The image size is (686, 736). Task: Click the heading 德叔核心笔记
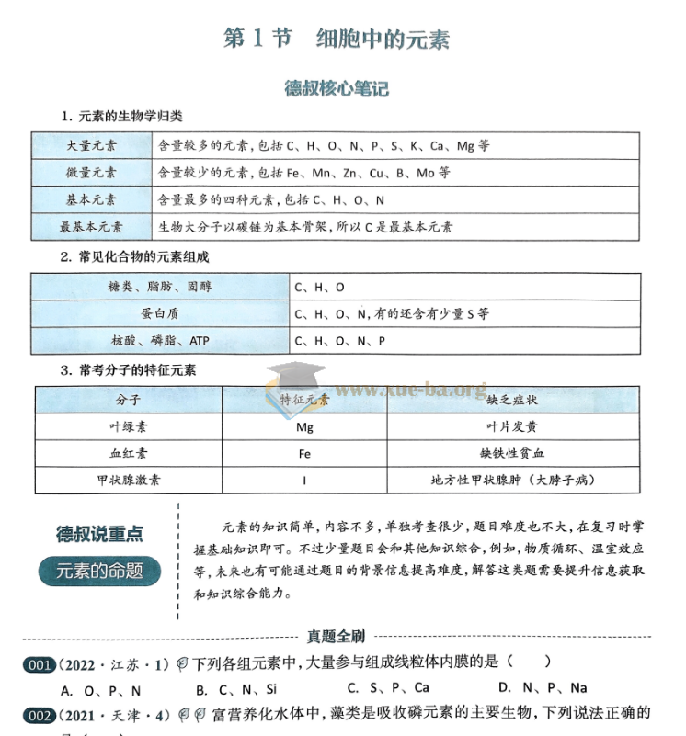point(337,88)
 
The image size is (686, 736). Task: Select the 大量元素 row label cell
point(92,145)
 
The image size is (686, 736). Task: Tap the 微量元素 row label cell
point(92,172)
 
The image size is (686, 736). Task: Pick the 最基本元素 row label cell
point(92,226)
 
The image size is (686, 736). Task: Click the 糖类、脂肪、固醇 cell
point(160,287)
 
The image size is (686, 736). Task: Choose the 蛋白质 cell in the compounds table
point(160,313)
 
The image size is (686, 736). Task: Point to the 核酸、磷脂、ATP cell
point(160,341)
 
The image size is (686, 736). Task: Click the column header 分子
point(128,401)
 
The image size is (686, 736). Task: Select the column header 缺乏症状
point(511,401)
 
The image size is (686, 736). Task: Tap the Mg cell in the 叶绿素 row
point(304,427)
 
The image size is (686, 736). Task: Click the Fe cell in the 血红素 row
point(304,453)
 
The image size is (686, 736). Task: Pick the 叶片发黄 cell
point(511,427)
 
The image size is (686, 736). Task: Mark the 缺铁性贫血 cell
point(511,453)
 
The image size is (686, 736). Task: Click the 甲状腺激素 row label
point(128,480)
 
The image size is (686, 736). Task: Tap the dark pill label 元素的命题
point(99,571)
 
